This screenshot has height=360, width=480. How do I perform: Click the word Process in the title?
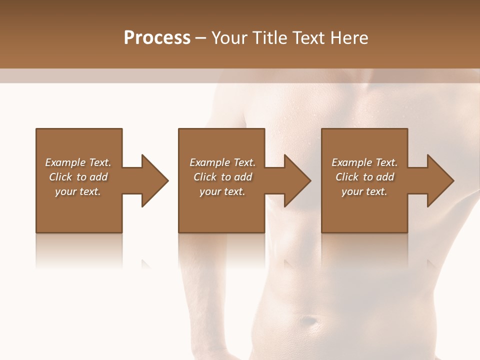157,38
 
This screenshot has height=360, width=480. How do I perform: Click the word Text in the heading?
308,38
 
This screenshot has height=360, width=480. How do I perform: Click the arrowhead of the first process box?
155,180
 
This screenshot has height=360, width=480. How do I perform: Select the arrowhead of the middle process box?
297,180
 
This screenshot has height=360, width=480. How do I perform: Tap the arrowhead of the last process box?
440,180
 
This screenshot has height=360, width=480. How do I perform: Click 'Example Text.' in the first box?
78,162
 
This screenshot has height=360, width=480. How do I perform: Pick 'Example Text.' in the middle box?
222,162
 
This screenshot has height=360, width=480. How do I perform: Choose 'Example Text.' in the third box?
364,162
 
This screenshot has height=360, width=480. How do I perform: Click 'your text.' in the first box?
78,191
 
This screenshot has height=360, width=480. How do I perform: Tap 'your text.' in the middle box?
222,191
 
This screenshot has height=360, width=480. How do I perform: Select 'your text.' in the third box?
364,191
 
